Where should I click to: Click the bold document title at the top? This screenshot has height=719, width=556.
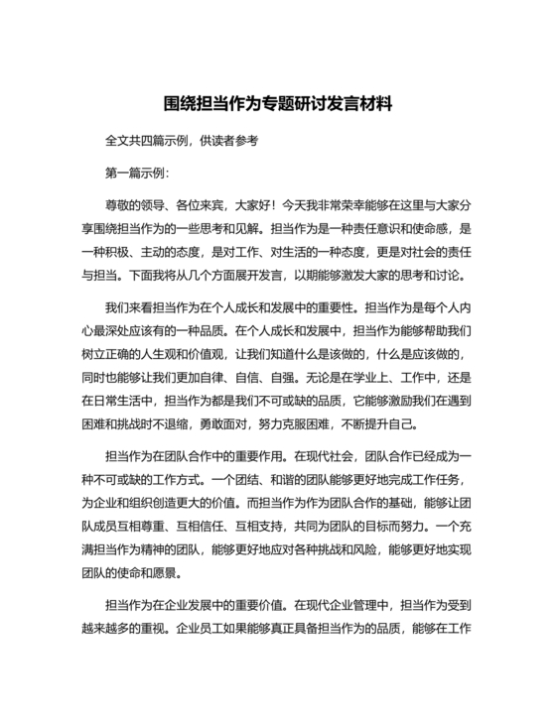tap(278, 102)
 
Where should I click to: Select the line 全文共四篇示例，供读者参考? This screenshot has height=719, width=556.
tap(181, 141)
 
